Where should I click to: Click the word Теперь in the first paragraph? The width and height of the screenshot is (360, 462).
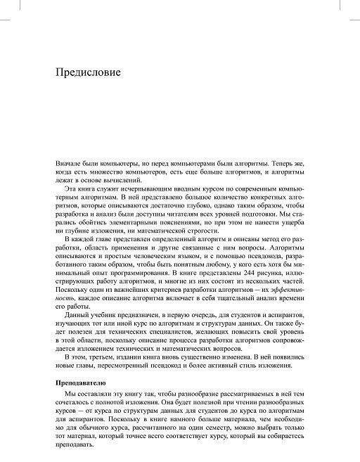tap(266, 163)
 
